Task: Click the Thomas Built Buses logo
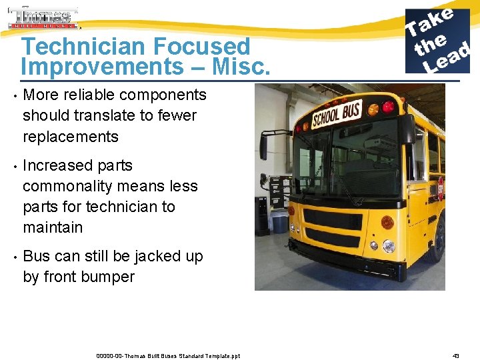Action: coord(43,17)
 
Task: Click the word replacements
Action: coord(71,137)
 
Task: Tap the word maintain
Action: coord(53,227)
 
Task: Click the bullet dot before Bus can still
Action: coord(14,257)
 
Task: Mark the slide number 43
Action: coord(456,355)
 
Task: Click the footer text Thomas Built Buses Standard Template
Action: coord(167,355)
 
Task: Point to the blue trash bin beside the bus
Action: coord(281,222)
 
